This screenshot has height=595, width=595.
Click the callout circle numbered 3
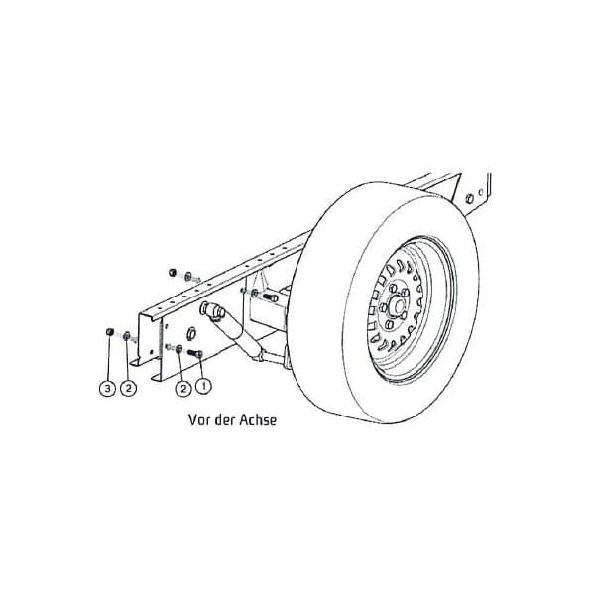pos(108,389)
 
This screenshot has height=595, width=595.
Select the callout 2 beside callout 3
pos(127,389)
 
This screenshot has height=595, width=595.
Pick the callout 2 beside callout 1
pos(183,388)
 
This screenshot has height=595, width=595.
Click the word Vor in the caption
pos(199,419)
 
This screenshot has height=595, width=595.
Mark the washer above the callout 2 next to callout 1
pos(178,348)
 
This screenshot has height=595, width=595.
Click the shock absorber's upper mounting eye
pos(209,310)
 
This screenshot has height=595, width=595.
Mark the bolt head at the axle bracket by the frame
pos(267,297)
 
